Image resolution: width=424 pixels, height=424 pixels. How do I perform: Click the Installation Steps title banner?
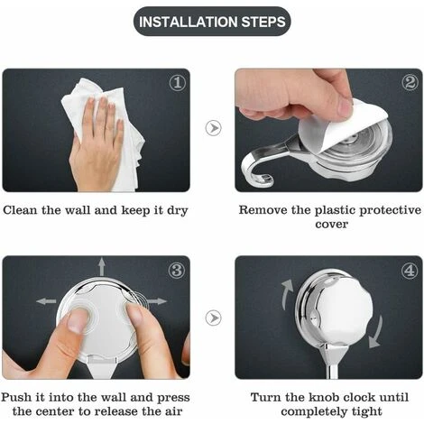tap(212, 22)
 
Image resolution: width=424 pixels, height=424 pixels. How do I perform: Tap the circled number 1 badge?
tap(178, 83)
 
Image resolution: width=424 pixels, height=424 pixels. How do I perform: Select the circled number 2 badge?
tap(410, 82)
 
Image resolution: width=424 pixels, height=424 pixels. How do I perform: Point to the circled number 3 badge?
tap(177, 270)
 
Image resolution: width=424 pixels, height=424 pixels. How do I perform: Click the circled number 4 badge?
tap(410, 271)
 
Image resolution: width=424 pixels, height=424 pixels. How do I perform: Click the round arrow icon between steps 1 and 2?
tap(214, 128)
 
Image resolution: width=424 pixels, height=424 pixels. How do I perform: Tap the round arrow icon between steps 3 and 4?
tap(214, 318)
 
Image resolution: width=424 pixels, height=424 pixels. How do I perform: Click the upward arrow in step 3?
tap(102, 266)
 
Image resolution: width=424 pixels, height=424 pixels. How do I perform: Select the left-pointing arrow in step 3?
tap(46, 301)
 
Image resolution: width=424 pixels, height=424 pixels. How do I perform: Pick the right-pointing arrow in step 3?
tap(157, 301)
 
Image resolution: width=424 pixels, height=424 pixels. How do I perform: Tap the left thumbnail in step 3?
tap(78, 321)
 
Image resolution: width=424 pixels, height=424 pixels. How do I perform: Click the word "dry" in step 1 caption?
tap(178, 210)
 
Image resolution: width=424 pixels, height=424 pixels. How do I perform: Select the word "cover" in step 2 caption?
tap(331, 225)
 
